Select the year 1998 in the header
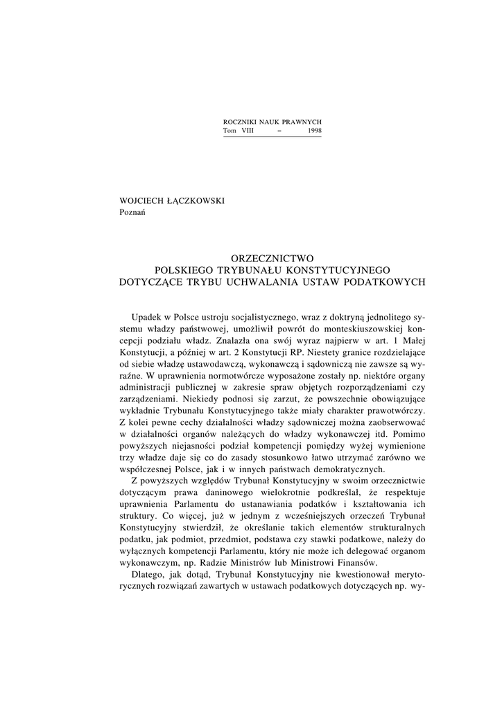point(313,131)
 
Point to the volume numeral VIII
point(248,131)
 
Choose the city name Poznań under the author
point(133,212)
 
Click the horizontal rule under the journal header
point(272,137)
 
